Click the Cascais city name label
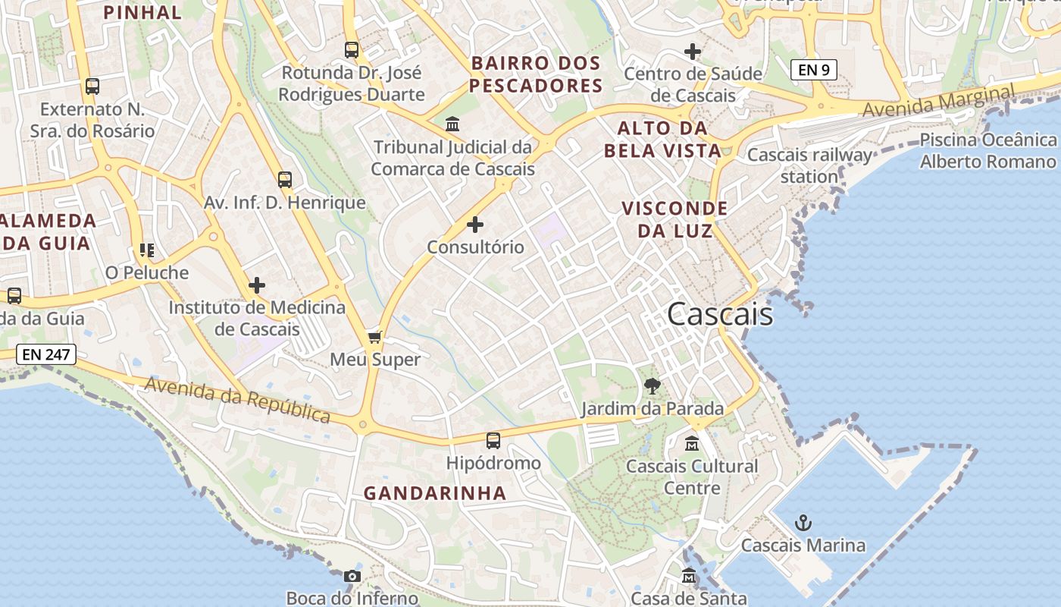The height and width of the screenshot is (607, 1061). (x=720, y=314)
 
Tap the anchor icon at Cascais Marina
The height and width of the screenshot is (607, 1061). (x=803, y=523)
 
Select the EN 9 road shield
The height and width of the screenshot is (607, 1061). (x=813, y=70)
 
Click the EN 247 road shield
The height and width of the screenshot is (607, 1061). (x=46, y=354)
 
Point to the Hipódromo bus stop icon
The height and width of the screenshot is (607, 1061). (x=493, y=440)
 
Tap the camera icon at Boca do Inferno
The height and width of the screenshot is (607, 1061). (x=352, y=576)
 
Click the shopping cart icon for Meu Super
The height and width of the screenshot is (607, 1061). (x=374, y=337)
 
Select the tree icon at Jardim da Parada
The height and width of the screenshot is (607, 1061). (x=652, y=386)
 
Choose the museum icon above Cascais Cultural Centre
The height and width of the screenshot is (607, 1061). (x=692, y=443)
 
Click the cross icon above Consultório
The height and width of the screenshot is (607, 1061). (x=475, y=225)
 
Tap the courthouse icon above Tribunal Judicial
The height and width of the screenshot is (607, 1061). (x=452, y=124)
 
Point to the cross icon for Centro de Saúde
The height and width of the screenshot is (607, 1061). (x=693, y=52)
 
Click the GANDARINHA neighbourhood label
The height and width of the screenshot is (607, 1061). (x=435, y=493)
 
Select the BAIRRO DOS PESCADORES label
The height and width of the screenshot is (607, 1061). (x=536, y=74)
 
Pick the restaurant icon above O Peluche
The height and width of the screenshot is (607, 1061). (x=146, y=250)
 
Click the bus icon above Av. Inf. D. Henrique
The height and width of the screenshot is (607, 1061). (x=285, y=180)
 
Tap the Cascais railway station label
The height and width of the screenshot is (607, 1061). (x=809, y=165)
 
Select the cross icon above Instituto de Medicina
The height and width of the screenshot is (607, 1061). (x=257, y=285)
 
